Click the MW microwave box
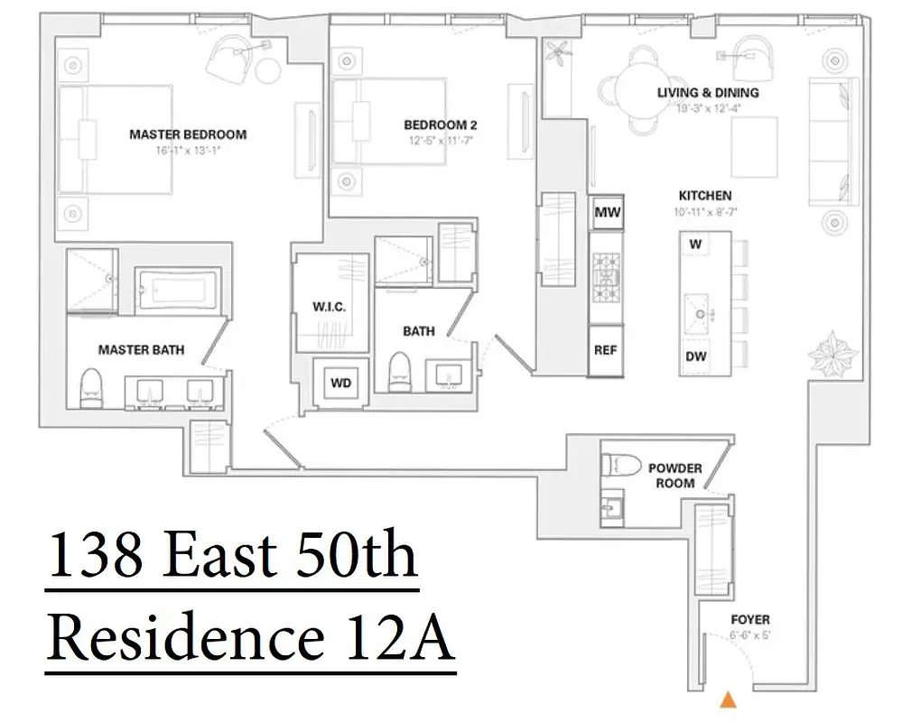point(606,214)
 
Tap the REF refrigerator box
point(606,350)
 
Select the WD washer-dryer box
point(340,383)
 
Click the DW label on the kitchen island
point(696,356)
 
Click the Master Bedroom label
point(188,134)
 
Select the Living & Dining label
point(707,93)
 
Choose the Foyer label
point(750,620)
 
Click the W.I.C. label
point(330,308)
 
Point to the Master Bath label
point(141,349)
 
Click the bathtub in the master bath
point(179,291)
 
